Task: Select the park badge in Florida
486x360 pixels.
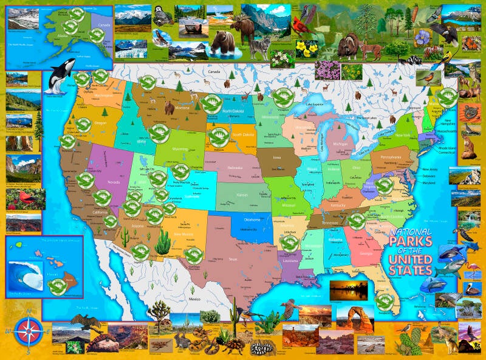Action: pyautogui.click(x=383, y=300)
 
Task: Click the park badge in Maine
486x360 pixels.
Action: pyautogui.click(x=448, y=96)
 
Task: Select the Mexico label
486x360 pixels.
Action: pyautogui.click(x=194, y=300)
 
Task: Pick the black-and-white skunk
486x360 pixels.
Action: pyautogui.click(x=416, y=60)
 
